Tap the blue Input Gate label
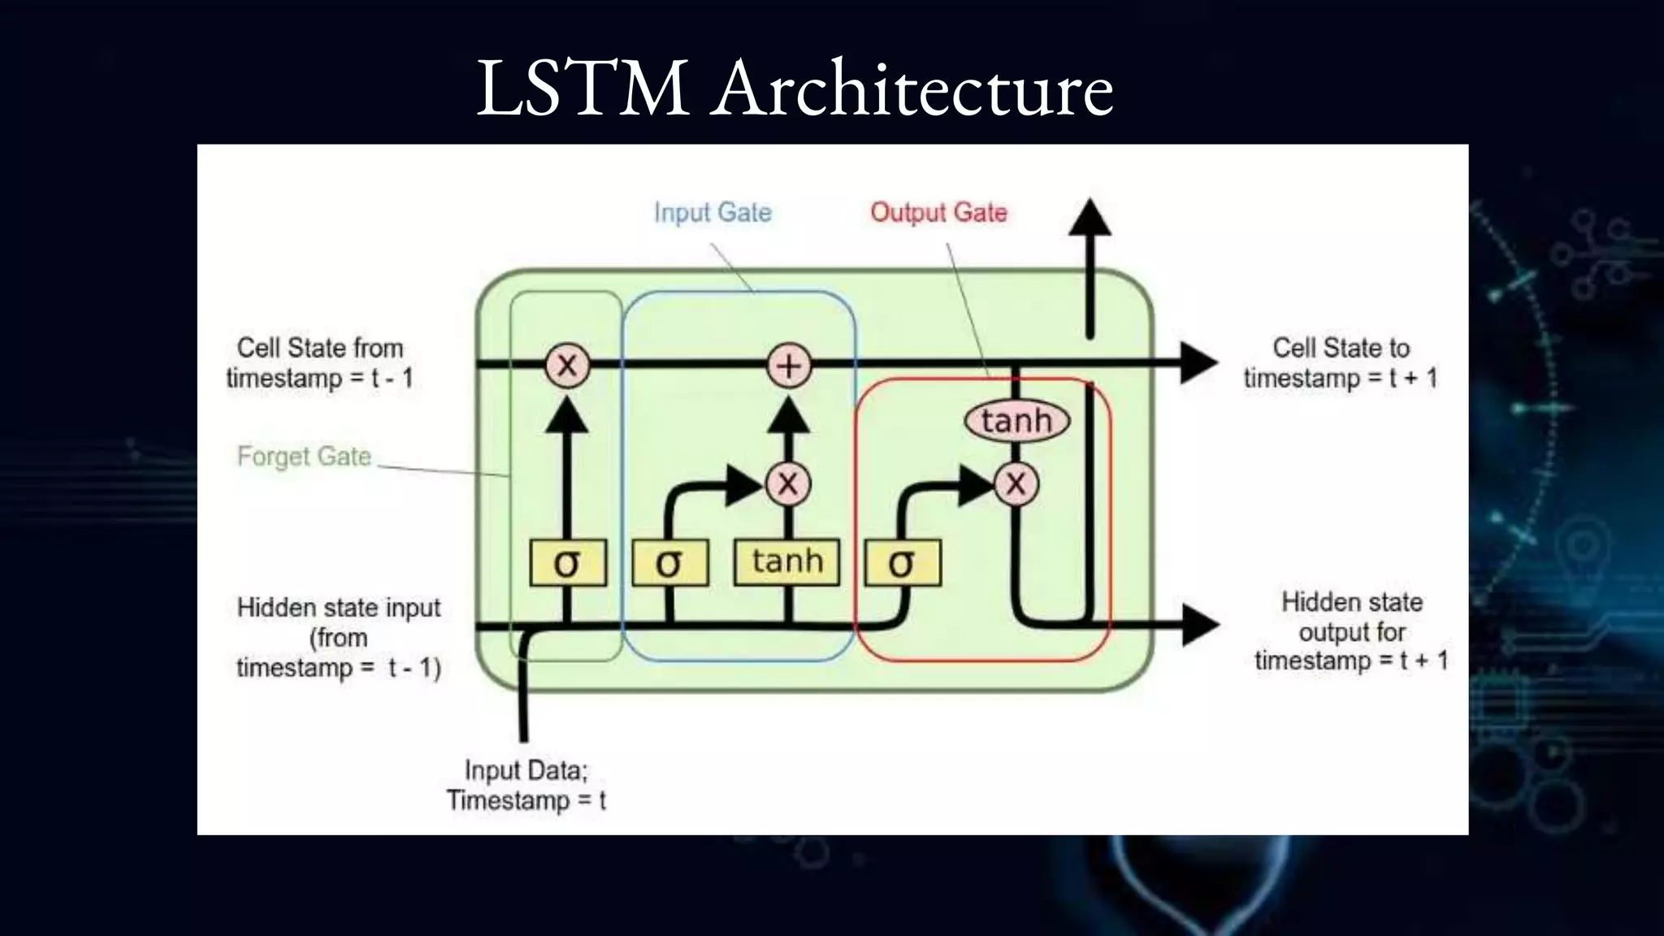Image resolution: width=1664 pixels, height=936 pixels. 713,212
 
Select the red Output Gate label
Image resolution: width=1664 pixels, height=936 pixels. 938,212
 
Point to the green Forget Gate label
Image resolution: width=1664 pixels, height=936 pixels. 304,456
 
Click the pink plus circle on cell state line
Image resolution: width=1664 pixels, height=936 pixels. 789,366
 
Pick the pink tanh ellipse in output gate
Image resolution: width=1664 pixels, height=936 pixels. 1016,421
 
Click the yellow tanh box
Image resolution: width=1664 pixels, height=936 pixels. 786,561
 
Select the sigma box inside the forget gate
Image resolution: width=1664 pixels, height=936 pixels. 567,562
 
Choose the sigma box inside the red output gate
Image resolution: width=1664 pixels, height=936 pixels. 902,562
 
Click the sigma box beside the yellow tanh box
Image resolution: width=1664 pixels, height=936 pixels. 669,562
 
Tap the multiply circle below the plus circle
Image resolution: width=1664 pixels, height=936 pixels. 788,484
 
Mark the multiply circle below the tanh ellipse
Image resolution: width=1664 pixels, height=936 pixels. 1016,484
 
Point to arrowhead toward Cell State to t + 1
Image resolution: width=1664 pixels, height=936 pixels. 1198,363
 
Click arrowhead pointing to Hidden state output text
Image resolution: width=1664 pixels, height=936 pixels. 1199,625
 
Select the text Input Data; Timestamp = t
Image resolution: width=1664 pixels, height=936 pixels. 526,785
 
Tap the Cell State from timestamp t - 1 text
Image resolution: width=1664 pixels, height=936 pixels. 319,362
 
